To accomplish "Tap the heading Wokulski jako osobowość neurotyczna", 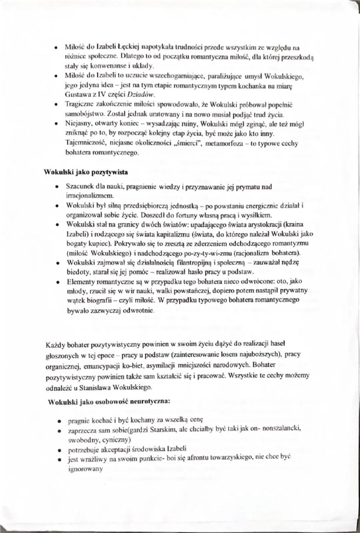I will click(108, 401).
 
